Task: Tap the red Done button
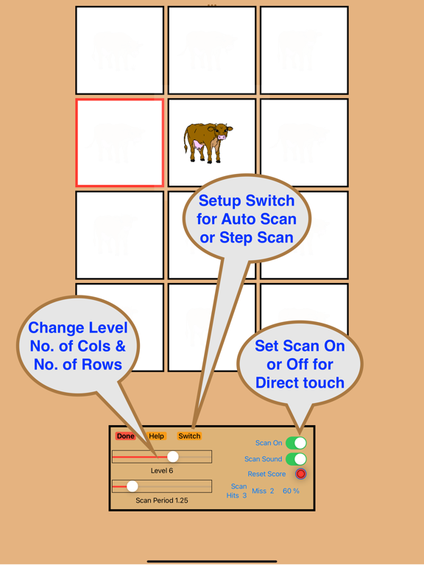click(x=125, y=436)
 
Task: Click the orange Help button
click(x=157, y=436)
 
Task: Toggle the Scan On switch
click(x=296, y=443)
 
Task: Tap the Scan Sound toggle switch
click(x=296, y=459)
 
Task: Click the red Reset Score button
click(x=300, y=474)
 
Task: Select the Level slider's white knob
click(x=173, y=457)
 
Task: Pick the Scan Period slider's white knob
click(x=132, y=486)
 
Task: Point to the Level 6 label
click(x=162, y=471)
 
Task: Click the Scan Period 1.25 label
click(x=162, y=500)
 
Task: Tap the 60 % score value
click(x=291, y=491)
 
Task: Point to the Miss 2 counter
click(x=263, y=491)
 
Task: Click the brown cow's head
click(x=222, y=132)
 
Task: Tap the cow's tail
click(x=186, y=141)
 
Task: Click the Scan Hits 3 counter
click(x=236, y=491)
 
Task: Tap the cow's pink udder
click(x=198, y=145)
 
